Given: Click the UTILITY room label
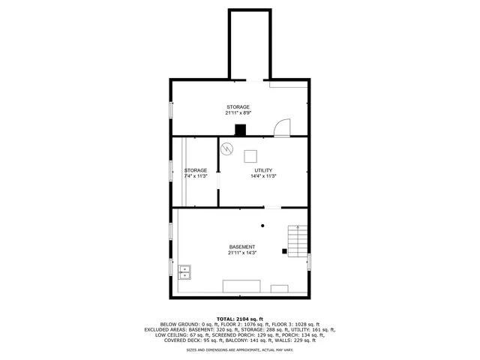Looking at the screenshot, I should (x=262, y=170).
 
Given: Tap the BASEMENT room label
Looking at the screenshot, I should (x=241, y=247).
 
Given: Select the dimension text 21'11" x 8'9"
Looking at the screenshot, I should (x=238, y=113).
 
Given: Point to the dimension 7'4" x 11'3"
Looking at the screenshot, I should (x=196, y=176).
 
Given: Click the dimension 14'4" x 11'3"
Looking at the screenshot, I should (x=263, y=176).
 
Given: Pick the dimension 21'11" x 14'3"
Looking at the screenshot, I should (x=241, y=253).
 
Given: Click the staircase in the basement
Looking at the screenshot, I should (x=298, y=241).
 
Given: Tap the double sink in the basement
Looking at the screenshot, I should (x=184, y=271).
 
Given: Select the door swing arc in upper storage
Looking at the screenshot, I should (x=283, y=127).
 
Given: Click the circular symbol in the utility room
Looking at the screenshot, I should (x=226, y=148).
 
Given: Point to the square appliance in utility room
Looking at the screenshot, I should (x=250, y=155).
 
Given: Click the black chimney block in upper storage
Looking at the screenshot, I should (x=240, y=130).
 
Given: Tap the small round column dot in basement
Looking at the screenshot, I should (x=262, y=225).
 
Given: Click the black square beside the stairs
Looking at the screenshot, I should (x=284, y=250).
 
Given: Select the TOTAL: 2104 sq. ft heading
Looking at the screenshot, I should (x=240, y=319).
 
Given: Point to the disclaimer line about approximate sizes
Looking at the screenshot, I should (x=240, y=350).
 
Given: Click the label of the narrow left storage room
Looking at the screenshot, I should (x=196, y=170).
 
